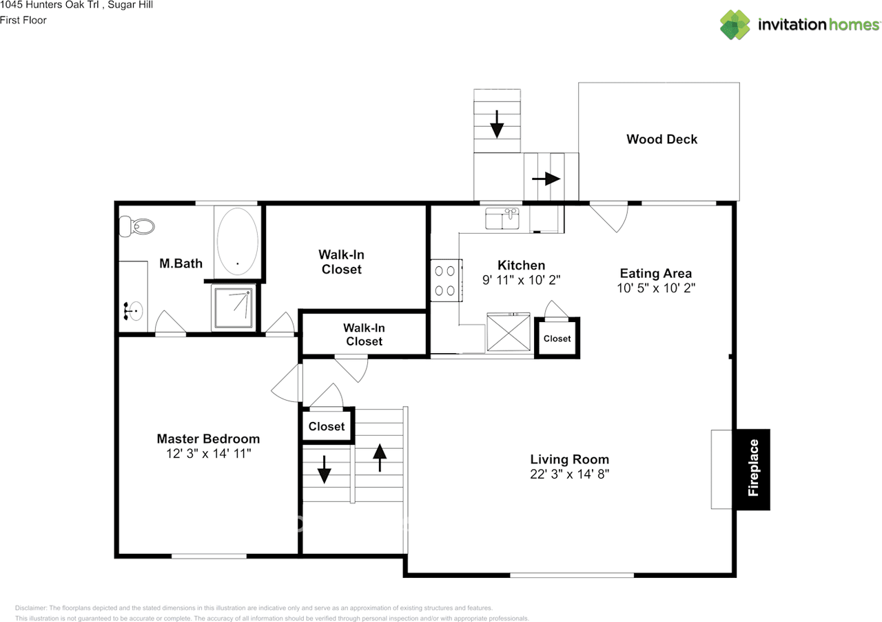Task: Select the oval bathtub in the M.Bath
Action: [x=238, y=241]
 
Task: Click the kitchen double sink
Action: [x=502, y=219]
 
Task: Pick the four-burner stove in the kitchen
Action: [x=446, y=280]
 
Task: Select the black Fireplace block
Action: [x=752, y=469]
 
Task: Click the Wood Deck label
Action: [x=661, y=139]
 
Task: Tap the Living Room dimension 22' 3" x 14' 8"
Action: [x=569, y=474]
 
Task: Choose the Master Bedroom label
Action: [x=208, y=439]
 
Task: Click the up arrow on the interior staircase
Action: [x=378, y=457]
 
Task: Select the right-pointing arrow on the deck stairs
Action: [x=546, y=179]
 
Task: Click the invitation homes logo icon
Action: [x=735, y=25]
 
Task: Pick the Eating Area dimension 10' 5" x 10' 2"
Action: [x=655, y=288]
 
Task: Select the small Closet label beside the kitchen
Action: [x=557, y=339]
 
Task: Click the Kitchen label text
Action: [x=521, y=265]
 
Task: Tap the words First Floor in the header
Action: [x=23, y=20]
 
